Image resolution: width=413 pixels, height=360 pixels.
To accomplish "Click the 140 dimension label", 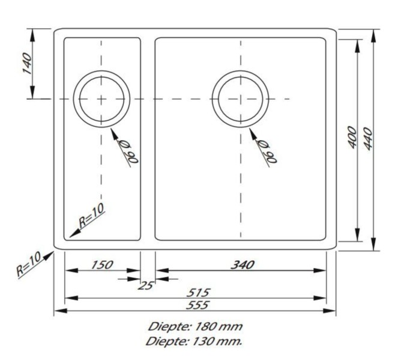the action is click(x=27, y=63).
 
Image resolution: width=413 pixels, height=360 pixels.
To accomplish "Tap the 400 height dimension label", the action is click(x=352, y=137).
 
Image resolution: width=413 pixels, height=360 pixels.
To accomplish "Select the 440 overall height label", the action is click(x=368, y=139).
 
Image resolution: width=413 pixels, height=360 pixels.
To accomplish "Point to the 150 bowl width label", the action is click(x=102, y=265).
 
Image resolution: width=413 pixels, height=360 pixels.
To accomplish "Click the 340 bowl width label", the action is click(x=243, y=265).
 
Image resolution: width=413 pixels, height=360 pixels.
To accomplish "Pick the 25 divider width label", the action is click(x=145, y=285).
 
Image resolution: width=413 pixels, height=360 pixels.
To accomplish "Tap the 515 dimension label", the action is click(x=198, y=293).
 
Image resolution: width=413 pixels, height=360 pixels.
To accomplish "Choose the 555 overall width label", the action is click(x=197, y=305).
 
